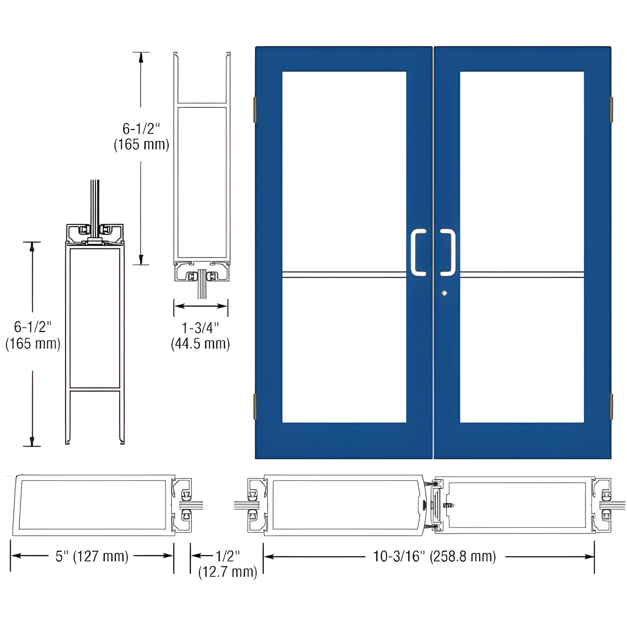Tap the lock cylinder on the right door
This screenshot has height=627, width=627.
pyautogui.click(x=444, y=293)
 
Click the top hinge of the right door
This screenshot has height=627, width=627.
pyautogui.click(x=611, y=109)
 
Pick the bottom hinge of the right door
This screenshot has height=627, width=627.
pyautogui.click(x=611, y=406)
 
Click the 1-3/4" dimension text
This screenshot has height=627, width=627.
pyautogui.click(x=200, y=328)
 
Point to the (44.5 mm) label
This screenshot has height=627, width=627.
pyautogui.click(x=200, y=344)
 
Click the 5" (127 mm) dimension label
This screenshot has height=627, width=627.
pyautogui.click(x=92, y=556)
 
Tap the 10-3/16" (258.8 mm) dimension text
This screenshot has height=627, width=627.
pyautogui.click(x=435, y=556)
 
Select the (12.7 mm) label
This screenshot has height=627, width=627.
pyautogui.click(x=227, y=572)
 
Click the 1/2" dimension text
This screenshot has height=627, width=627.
pyautogui.click(x=227, y=556)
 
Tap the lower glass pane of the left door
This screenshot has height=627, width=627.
pyautogui.click(x=344, y=351)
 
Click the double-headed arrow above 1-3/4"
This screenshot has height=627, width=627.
pyautogui.click(x=200, y=306)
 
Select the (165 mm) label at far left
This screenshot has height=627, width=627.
pyautogui.click(x=33, y=344)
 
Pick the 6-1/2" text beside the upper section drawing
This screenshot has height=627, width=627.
pyautogui.click(x=141, y=129)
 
